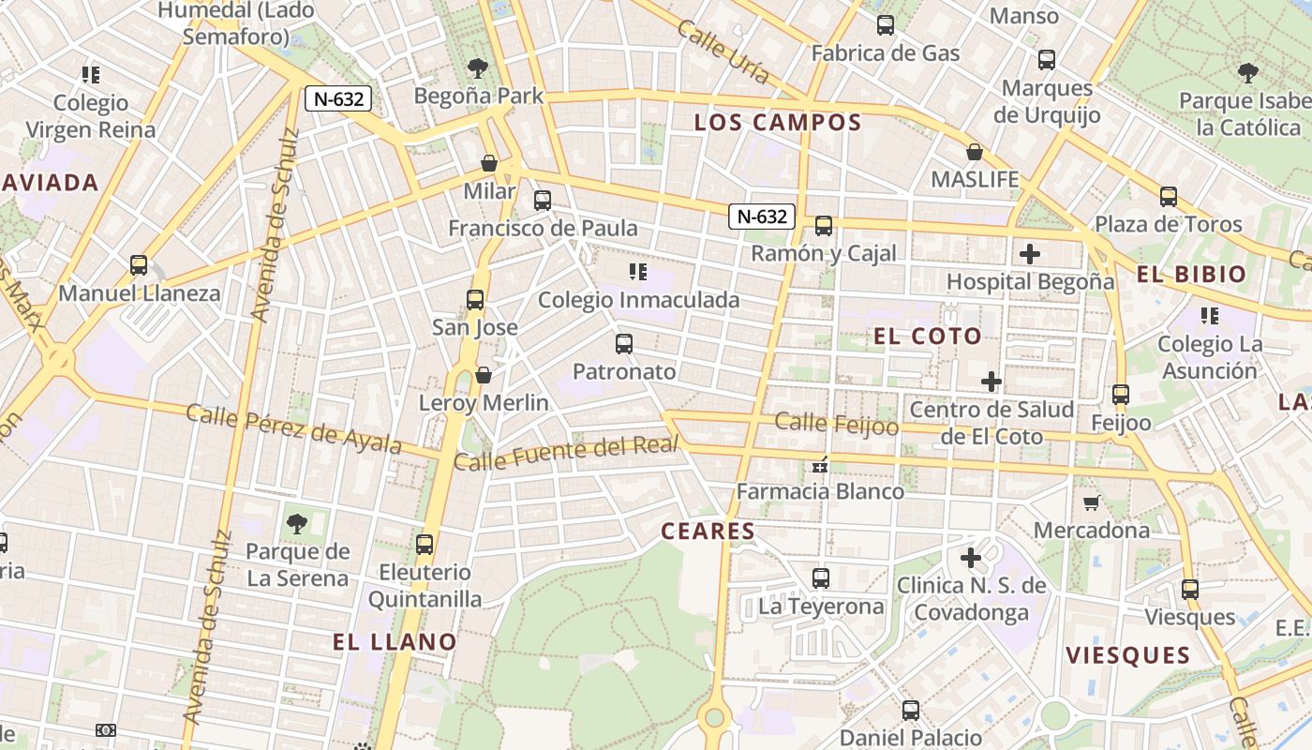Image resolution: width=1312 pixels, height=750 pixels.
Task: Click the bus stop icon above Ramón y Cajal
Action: (823, 226)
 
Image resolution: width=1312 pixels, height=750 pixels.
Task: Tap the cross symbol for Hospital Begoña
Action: (1030, 254)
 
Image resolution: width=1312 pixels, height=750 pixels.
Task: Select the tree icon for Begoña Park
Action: (478, 68)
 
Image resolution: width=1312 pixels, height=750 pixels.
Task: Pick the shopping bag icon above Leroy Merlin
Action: (484, 375)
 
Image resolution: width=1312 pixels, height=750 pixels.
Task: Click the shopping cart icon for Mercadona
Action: (1091, 503)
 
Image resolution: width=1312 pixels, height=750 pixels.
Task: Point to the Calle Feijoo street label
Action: (836, 425)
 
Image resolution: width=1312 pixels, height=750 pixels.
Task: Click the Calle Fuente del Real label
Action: (566, 454)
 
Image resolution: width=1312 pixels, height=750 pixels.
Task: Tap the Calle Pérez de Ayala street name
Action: (294, 428)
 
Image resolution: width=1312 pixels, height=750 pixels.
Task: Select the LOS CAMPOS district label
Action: (778, 122)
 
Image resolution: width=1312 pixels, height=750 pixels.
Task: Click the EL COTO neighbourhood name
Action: (928, 337)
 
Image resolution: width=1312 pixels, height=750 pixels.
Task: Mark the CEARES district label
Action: (708, 532)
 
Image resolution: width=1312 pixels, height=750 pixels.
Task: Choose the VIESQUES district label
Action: (1128, 655)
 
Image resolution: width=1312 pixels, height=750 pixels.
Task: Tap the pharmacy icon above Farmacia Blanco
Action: (821, 464)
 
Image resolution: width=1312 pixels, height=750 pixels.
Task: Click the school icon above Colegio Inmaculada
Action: (638, 273)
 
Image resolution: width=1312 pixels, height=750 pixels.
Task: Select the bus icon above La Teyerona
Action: (821, 578)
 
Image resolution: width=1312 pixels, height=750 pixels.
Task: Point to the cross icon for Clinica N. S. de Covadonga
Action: (971, 559)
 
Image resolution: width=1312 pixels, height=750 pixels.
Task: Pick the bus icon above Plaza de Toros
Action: (1168, 197)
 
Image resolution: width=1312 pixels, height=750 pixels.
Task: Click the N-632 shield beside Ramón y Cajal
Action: (762, 217)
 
